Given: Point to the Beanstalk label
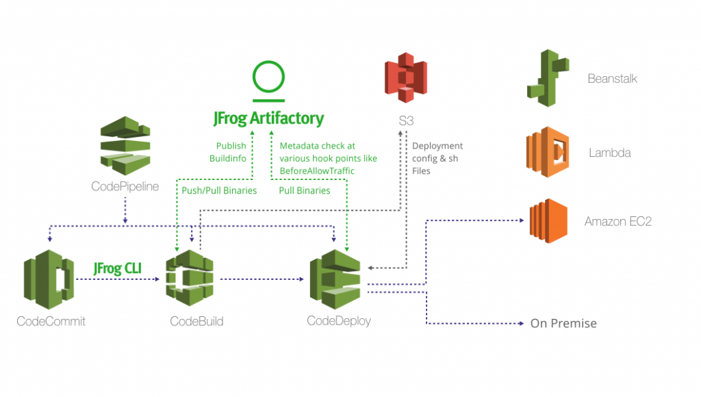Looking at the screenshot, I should [612, 79].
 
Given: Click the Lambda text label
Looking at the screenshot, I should [609, 153].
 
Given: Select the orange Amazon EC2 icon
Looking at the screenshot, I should [548, 221].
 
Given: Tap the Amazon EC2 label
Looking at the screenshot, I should [617, 222].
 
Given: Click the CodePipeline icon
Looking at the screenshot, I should [125, 146].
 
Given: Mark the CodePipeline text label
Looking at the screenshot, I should [125, 185].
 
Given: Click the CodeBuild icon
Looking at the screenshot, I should [190, 278].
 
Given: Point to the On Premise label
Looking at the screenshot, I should [563, 323].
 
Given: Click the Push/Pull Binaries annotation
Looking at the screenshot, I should [219, 190].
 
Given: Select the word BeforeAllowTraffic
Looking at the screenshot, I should [317, 170].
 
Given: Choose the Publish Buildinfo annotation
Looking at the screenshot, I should [231, 152].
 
